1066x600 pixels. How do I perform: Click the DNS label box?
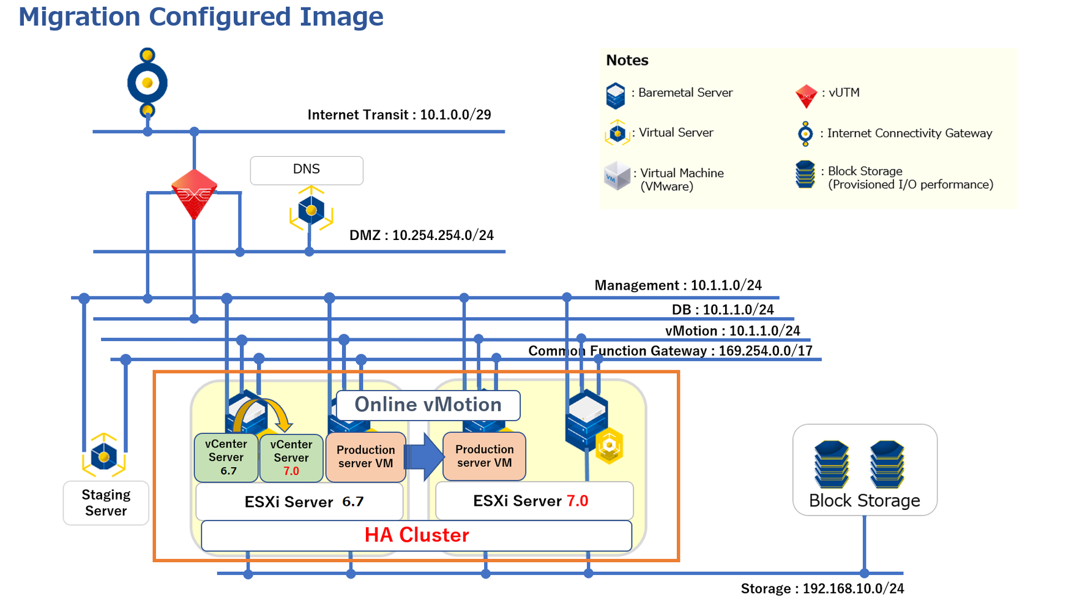pyautogui.click(x=307, y=170)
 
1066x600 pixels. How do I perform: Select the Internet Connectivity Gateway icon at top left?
pyautogui.click(x=147, y=83)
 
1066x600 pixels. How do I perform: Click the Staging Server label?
pyautogui.click(x=106, y=503)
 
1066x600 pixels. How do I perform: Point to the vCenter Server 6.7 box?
pyautogui.click(x=226, y=457)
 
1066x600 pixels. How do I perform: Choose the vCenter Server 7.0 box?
pyautogui.click(x=291, y=457)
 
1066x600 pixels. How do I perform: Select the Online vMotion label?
pyautogui.click(x=428, y=405)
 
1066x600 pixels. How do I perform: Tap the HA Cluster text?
pyautogui.click(x=417, y=535)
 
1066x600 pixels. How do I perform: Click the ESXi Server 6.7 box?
pyautogui.click(x=300, y=502)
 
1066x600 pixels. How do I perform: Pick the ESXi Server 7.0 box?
pyautogui.click(x=534, y=501)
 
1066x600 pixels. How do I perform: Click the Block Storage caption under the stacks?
pyautogui.click(x=864, y=501)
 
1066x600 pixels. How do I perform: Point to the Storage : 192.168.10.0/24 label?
pyautogui.click(x=822, y=588)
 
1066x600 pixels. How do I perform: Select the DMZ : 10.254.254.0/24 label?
pyautogui.click(x=421, y=235)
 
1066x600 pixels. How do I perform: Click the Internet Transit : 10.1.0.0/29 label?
pyautogui.click(x=399, y=115)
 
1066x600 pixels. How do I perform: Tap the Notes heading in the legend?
pyautogui.click(x=627, y=60)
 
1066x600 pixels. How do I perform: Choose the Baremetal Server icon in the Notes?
pyautogui.click(x=616, y=96)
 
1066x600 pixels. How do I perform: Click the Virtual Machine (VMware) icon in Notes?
pyautogui.click(x=617, y=176)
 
